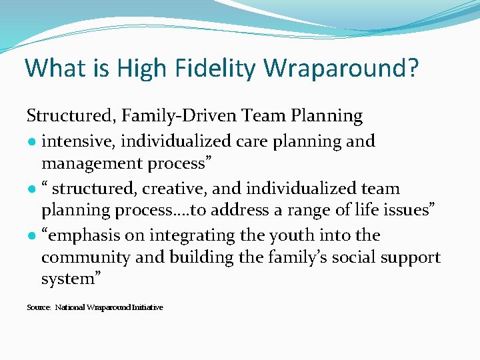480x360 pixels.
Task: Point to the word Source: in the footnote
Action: [39, 307]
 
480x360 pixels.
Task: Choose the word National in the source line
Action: [70, 307]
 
